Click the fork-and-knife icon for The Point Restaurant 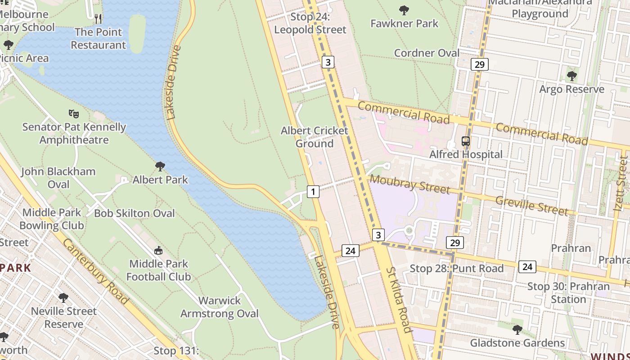coord(98,18)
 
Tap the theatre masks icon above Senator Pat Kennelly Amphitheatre coord(74,113)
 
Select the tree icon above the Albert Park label coord(160,166)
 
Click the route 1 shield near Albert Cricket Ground coord(313,192)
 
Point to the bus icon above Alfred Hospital coord(466,141)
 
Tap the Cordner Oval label coord(427,53)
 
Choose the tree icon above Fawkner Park coord(404,10)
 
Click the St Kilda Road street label coord(399,300)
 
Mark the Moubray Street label coord(410,184)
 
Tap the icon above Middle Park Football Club coord(158,250)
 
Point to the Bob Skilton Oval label coord(134,213)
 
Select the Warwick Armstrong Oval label coord(220,307)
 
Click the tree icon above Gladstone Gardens coord(517,330)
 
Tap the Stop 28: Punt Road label coord(456,269)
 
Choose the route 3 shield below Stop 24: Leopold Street coord(328,62)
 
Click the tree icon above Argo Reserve coord(571,76)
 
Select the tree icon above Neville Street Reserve coord(63,298)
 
